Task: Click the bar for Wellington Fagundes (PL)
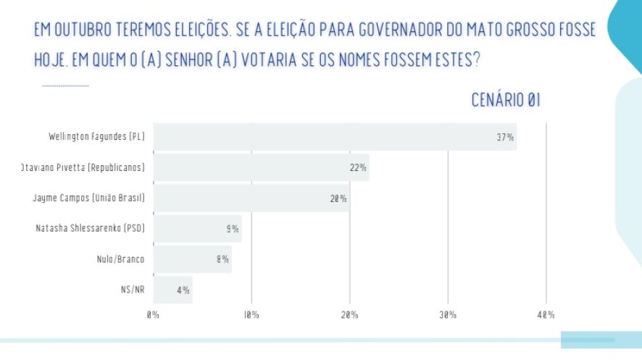click(333, 137)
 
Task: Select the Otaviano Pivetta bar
click(261, 167)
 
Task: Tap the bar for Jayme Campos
click(250, 198)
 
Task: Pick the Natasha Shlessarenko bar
click(196, 229)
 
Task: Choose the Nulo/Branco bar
click(192, 259)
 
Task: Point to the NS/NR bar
click(172, 290)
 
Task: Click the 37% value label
click(505, 137)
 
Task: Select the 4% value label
click(183, 290)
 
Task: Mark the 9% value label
click(233, 229)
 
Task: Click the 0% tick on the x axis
click(153, 315)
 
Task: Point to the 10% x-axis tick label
click(251, 315)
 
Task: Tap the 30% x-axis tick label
click(447, 315)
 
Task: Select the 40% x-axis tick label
click(546, 315)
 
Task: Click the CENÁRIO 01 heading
click(506, 101)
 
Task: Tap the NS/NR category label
click(133, 290)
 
